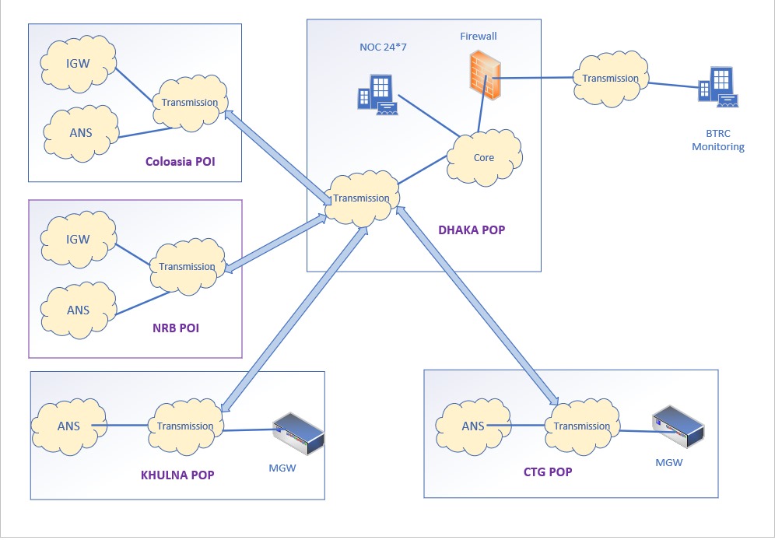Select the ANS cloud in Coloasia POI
80,132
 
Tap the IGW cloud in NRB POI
79,240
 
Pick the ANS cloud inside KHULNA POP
68,426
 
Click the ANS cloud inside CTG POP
472,426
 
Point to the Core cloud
483,158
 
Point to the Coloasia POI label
180,163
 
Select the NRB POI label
175,328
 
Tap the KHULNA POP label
177,475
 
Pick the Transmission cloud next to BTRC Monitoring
610,79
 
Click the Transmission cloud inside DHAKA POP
361,198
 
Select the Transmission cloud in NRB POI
187,267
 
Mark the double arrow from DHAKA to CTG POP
478,306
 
